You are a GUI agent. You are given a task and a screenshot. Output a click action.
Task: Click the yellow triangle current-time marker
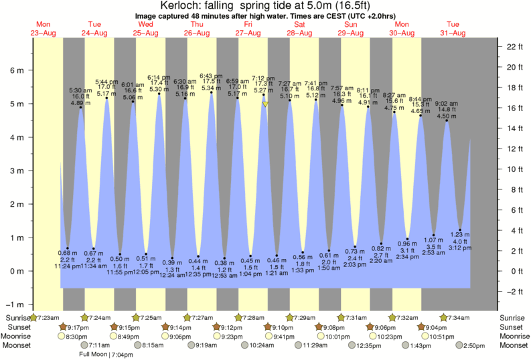pos(266,104)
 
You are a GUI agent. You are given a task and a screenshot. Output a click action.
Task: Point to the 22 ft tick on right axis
pos(514,47)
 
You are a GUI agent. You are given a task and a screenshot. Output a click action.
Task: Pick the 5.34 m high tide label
pos(211,88)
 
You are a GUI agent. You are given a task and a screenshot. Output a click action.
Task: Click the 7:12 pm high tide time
pos(263,78)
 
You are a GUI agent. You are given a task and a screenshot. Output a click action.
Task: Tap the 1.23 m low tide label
pos(460,235)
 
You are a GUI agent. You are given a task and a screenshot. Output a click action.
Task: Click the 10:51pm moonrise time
pos(441,336)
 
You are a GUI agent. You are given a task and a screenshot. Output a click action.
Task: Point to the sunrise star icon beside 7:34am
pos(443,317)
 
